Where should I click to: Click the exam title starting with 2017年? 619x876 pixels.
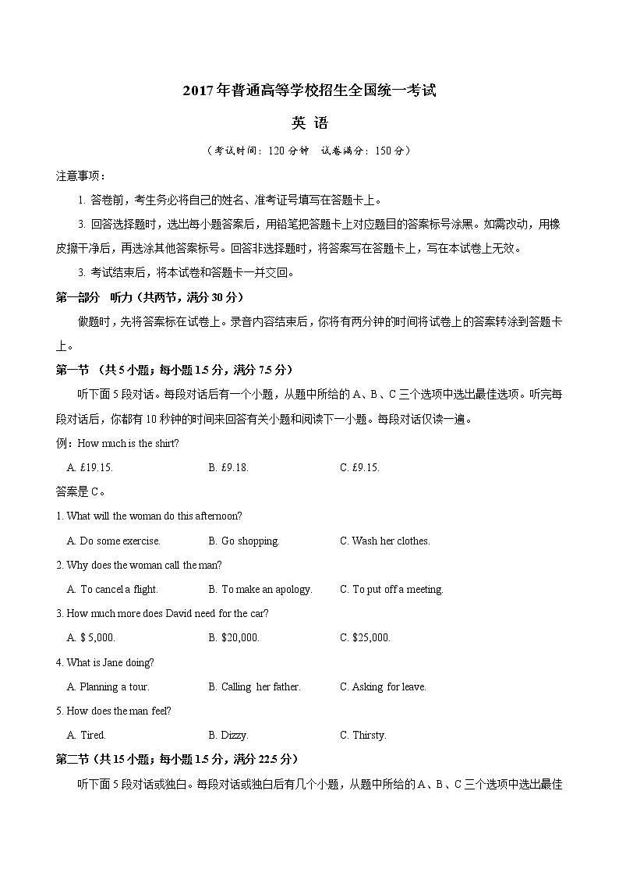[x=309, y=90]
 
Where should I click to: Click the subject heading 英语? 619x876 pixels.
[x=309, y=123]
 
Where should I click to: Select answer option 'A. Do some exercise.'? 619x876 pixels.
[x=114, y=541]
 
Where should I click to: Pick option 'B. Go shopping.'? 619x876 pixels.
[x=244, y=541]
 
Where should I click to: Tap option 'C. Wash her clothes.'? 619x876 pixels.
[x=384, y=541]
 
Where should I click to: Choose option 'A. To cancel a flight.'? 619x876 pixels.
[x=112, y=589]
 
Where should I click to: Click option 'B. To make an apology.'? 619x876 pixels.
[x=260, y=589]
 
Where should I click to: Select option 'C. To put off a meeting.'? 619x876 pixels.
[x=391, y=589]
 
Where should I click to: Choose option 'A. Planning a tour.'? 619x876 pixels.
[x=108, y=686]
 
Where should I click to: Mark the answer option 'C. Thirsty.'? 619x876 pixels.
[x=363, y=735]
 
